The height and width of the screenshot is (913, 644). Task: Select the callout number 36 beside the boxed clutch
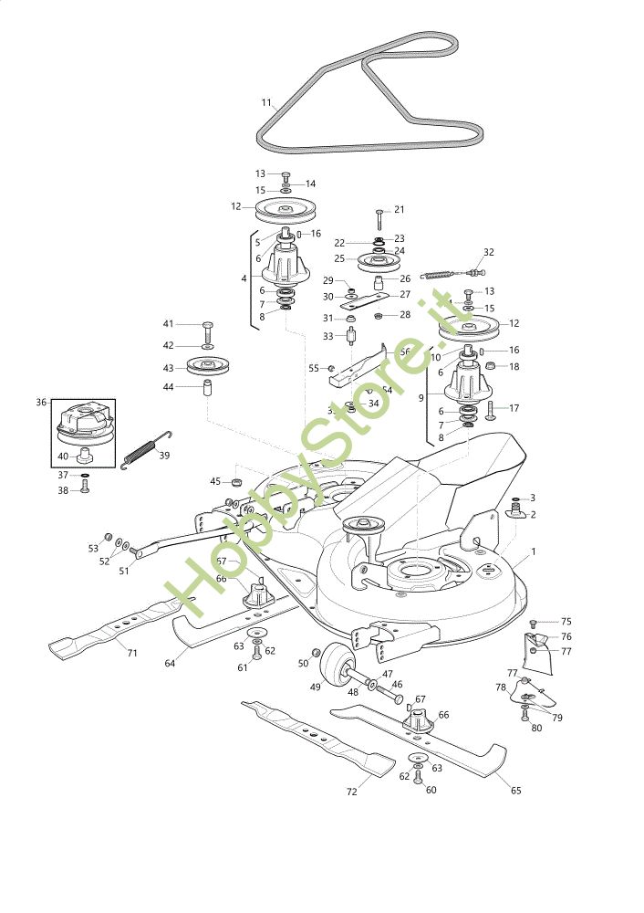[40, 402]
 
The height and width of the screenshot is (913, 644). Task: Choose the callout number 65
[515, 790]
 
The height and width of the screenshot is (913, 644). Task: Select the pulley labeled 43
[207, 367]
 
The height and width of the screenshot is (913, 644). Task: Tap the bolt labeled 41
[207, 326]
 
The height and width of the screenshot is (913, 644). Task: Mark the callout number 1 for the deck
[533, 551]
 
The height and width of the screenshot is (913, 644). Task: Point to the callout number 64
[170, 664]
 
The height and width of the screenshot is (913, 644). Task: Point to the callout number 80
[535, 729]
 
